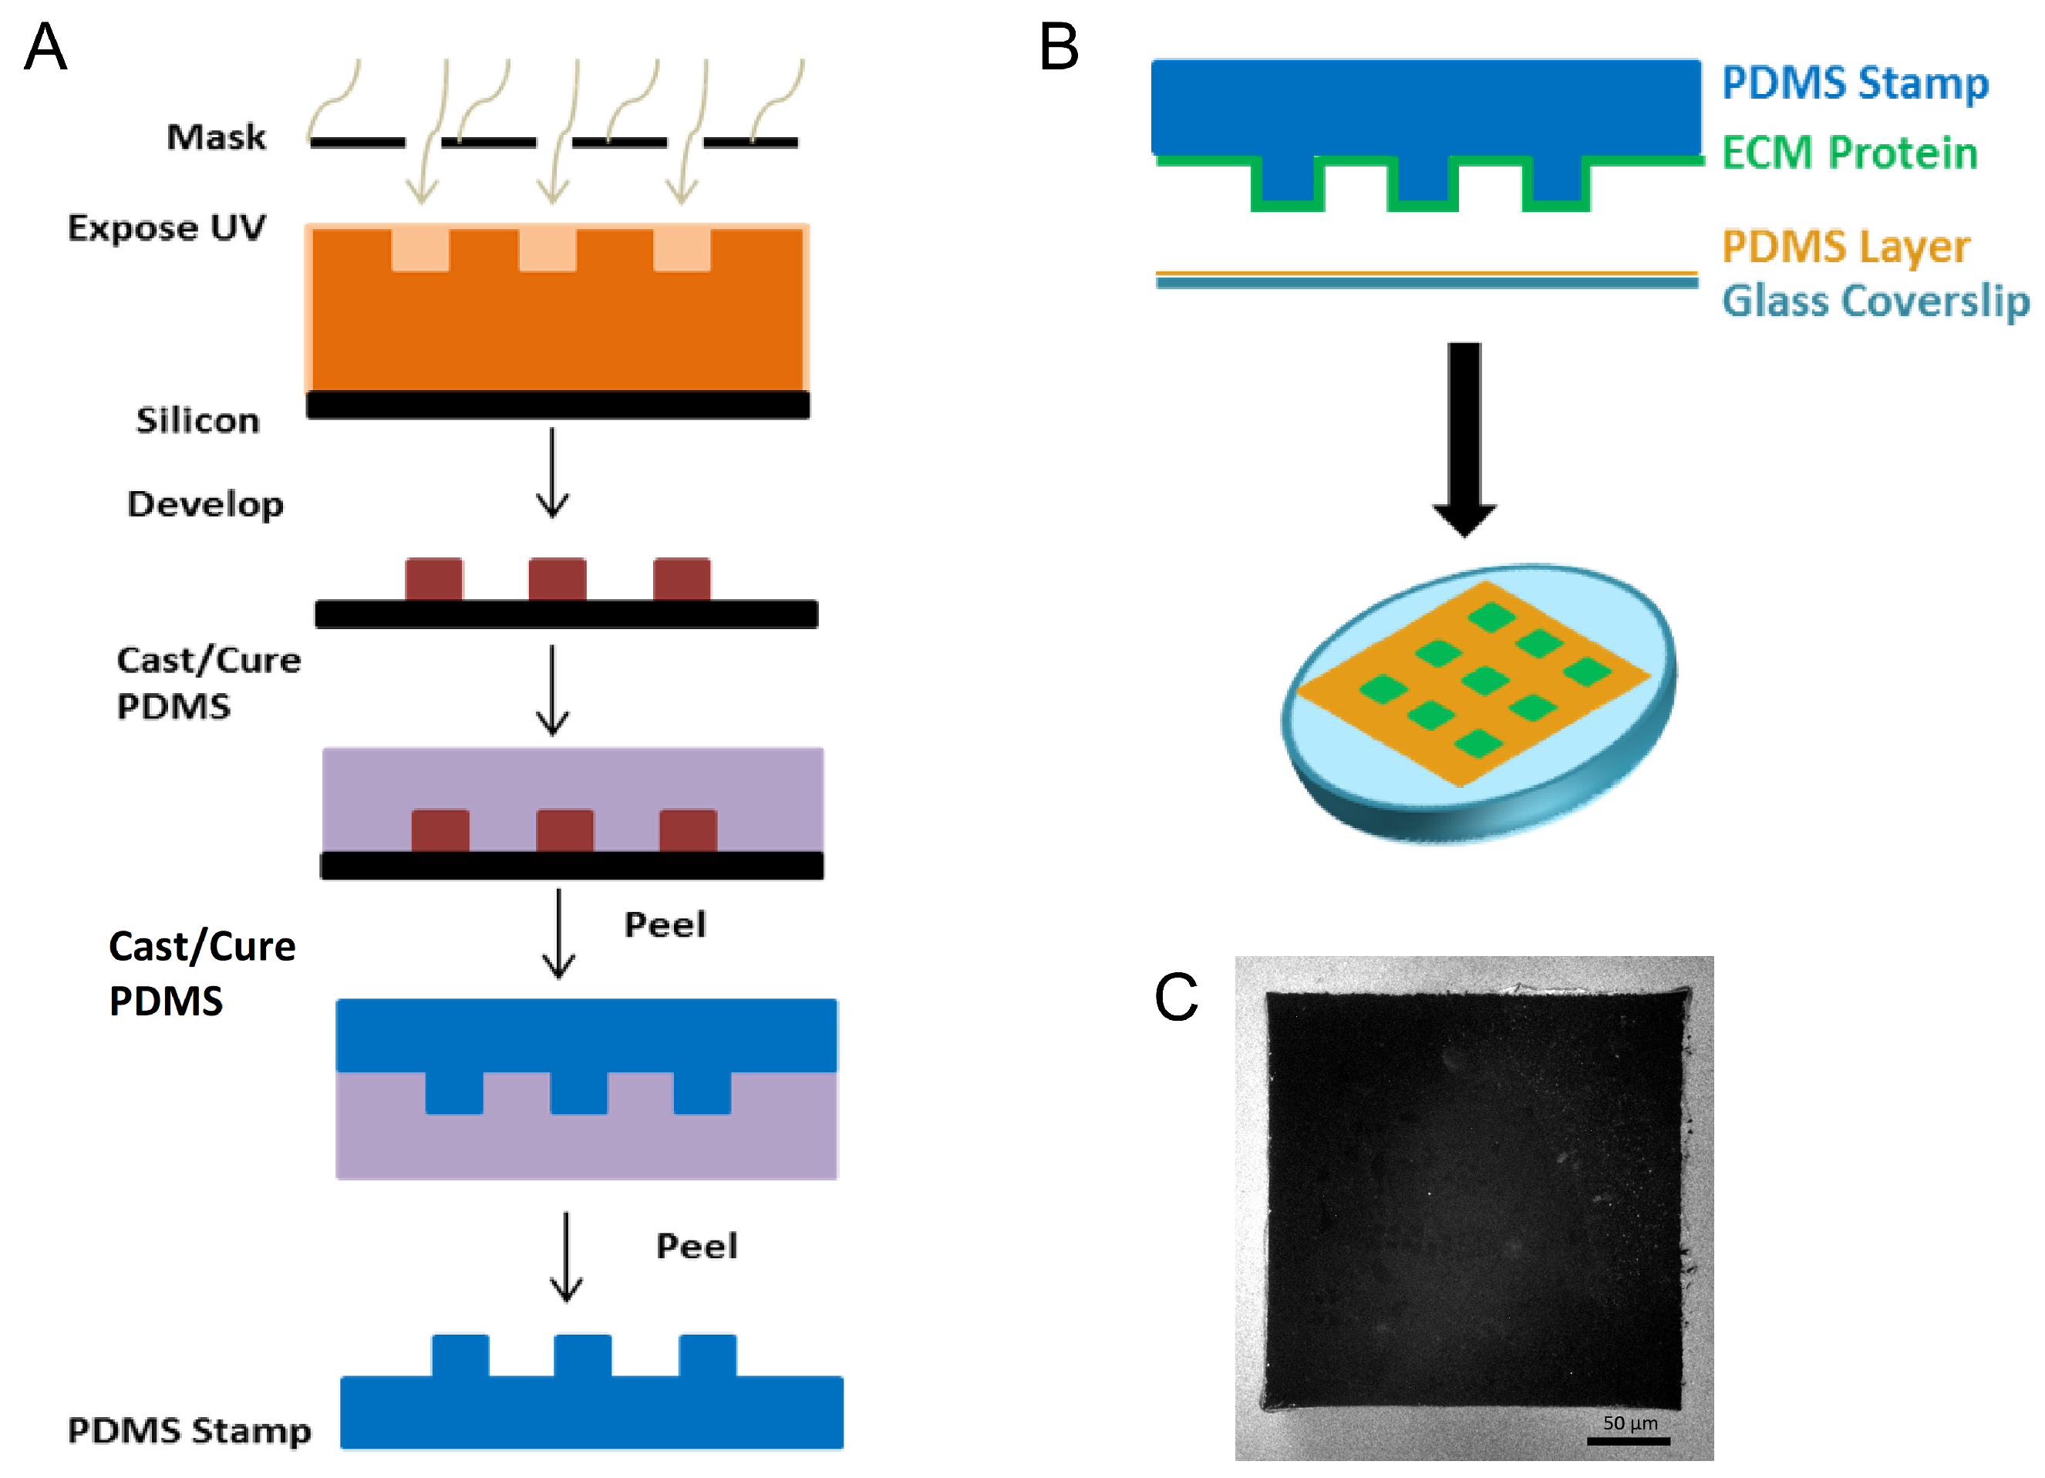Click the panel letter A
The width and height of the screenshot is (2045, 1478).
[x=45, y=47]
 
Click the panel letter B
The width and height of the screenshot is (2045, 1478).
[x=1059, y=47]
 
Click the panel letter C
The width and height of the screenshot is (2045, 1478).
[x=1176, y=998]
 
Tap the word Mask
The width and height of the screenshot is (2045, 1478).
[x=217, y=137]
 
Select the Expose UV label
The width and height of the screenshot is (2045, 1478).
[x=167, y=228]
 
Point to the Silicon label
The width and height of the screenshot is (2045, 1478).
[x=197, y=420]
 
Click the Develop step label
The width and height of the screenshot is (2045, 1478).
[x=206, y=504]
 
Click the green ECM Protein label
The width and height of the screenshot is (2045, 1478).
[x=1849, y=153]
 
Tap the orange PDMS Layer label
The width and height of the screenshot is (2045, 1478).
[x=1845, y=246]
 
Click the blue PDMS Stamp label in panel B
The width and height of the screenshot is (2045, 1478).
[x=1855, y=83]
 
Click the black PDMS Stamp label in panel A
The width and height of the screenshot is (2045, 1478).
[x=190, y=1431]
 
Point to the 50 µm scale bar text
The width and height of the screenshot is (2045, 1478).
[x=1630, y=1422]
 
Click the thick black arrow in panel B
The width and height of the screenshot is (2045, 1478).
[x=1464, y=437]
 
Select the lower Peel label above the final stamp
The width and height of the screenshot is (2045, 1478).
[x=696, y=1246]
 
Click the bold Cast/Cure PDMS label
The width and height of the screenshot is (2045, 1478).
[x=202, y=973]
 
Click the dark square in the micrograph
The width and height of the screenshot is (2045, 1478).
[x=1475, y=1200]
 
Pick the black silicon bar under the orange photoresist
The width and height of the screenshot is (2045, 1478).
[x=558, y=405]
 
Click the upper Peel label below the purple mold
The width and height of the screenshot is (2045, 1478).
[x=665, y=924]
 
